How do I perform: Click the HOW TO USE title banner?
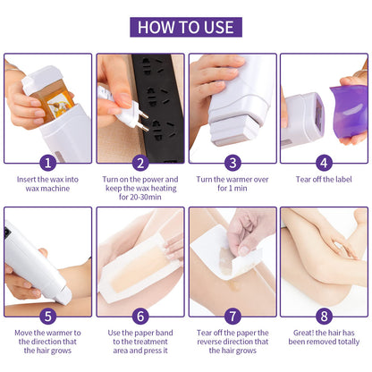(x=185, y=25)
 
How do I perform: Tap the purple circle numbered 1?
(x=48, y=163)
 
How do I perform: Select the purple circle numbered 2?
(x=140, y=163)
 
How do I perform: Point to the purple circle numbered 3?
(x=232, y=163)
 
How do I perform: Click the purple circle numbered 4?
(x=325, y=163)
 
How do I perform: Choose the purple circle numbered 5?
(x=48, y=316)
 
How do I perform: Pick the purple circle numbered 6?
(x=140, y=316)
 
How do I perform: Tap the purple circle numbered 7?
(x=232, y=316)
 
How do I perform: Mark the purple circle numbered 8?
(x=325, y=316)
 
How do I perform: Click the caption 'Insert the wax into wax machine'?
(x=48, y=184)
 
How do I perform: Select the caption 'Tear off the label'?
(x=325, y=179)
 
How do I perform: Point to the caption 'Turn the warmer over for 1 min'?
(x=232, y=184)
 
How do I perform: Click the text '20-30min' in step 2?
(x=140, y=199)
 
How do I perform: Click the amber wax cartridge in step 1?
(x=40, y=94)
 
